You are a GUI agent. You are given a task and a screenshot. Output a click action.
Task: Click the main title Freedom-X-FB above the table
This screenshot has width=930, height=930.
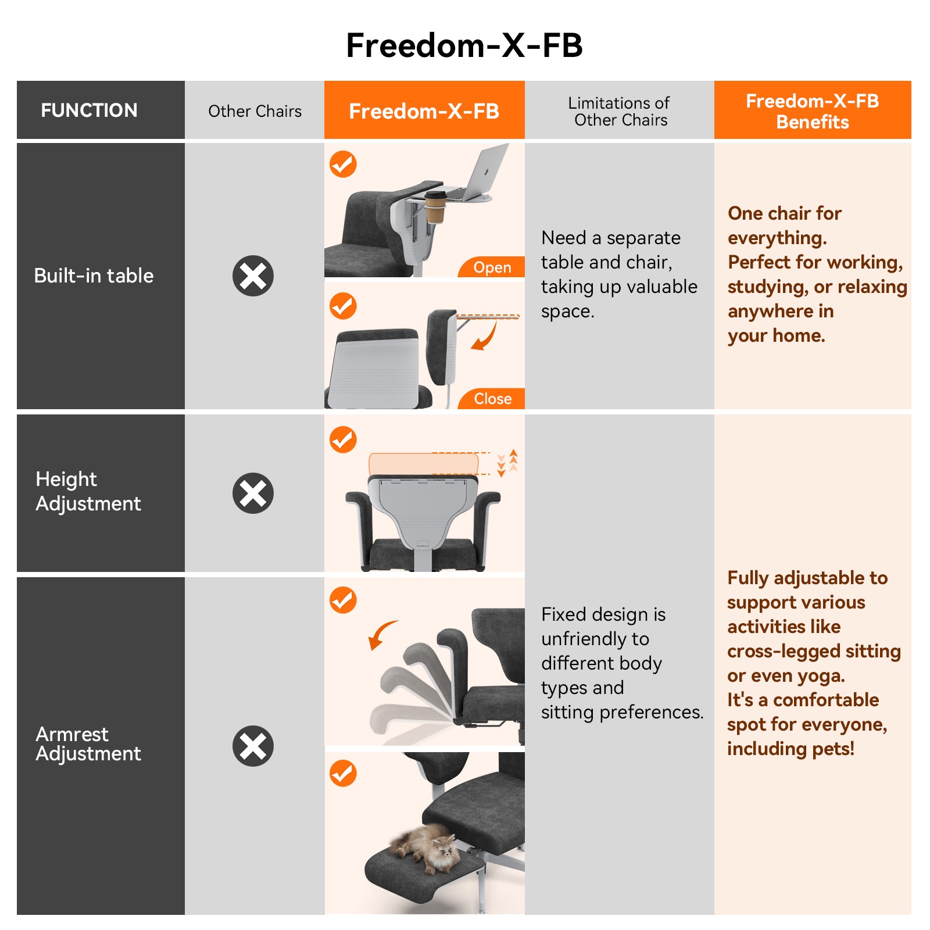(464, 45)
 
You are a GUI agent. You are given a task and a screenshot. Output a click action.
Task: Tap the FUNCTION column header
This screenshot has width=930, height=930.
(89, 110)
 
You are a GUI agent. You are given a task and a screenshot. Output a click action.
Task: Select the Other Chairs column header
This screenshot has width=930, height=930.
(255, 111)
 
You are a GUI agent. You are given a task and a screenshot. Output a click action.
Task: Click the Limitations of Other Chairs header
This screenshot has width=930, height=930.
(620, 111)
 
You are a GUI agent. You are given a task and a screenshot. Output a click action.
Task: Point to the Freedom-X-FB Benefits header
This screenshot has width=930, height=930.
(812, 111)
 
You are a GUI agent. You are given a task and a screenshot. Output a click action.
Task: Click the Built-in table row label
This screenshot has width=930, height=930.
(94, 276)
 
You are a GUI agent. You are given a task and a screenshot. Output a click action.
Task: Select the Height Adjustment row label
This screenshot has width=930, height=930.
(88, 491)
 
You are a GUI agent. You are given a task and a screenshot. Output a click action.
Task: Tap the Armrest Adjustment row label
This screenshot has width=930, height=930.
(88, 743)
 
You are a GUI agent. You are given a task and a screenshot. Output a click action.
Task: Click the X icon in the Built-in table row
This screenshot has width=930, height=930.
(253, 276)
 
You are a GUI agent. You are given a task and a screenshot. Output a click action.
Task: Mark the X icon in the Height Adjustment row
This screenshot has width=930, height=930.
(253, 493)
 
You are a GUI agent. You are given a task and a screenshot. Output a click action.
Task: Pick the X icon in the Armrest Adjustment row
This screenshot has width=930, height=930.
(253, 746)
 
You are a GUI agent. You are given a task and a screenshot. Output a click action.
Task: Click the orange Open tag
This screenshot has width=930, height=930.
(492, 267)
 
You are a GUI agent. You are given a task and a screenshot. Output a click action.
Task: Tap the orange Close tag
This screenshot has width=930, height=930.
(492, 399)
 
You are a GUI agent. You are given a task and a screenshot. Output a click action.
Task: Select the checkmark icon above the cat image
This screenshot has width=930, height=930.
(343, 774)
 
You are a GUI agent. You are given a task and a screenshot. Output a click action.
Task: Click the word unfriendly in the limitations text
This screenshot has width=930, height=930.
(595, 639)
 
